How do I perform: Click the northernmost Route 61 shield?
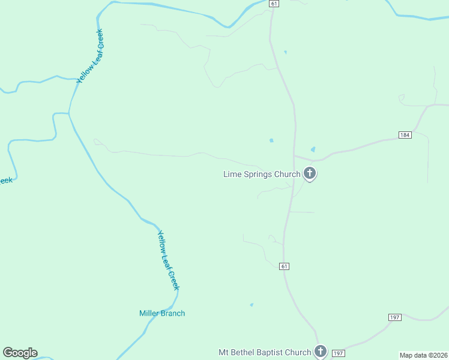tap(274, 4)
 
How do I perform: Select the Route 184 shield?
tap(405, 135)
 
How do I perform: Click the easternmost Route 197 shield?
tap(394, 317)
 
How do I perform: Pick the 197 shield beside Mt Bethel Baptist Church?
tap(338, 353)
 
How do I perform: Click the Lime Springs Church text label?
tap(262, 175)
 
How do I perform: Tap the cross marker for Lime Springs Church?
tap(310, 174)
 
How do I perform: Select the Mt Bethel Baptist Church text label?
tap(265, 352)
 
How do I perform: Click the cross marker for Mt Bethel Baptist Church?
tap(321, 352)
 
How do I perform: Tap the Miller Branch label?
tap(162, 313)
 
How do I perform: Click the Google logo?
tap(20, 353)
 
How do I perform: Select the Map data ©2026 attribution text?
tap(424, 355)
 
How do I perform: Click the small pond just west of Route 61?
tap(271, 141)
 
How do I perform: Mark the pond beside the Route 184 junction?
tap(313, 149)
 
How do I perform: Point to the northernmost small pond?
tap(285, 52)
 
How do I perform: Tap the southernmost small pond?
tap(252, 305)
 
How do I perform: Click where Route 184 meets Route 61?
tap(294, 157)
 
